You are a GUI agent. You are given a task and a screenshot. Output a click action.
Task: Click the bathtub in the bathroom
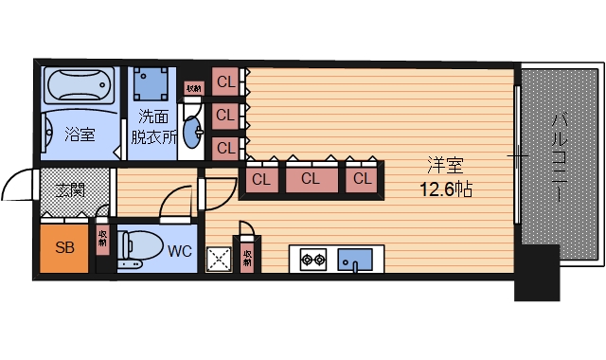(x=79, y=88)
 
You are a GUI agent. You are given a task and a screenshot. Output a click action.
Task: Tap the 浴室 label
(x=79, y=135)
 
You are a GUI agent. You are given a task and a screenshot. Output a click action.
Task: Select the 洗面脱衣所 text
(x=156, y=126)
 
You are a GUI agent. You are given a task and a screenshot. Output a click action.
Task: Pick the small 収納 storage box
(x=193, y=88)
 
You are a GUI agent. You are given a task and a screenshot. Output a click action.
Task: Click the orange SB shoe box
(x=64, y=248)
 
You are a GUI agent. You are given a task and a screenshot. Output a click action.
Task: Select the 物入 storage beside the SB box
(x=101, y=240)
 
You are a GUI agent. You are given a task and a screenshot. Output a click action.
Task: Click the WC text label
(x=180, y=252)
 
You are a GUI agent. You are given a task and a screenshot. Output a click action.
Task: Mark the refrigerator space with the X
(x=220, y=259)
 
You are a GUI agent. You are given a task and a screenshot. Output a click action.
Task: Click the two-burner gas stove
(x=313, y=258)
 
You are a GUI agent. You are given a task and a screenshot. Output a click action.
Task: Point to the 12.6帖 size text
(x=446, y=189)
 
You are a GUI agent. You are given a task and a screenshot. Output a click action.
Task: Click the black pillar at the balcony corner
(x=536, y=273)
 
